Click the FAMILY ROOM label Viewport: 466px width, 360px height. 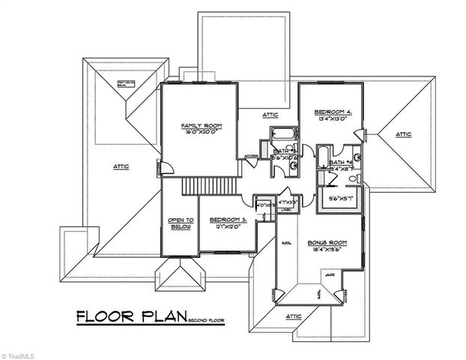pyautogui.click(x=198, y=124)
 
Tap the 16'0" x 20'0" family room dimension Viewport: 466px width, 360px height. pyautogui.click(x=198, y=131)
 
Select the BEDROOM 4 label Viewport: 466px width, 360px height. pyautogui.click(x=332, y=111)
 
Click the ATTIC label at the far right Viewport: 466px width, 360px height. pyautogui.click(x=404, y=134)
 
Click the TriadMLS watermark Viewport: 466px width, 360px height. pyautogui.click(x=19, y=352)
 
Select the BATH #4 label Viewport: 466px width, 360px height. pyautogui.click(x=341, y=162)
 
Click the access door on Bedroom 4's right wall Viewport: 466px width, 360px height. pyautogui.click(x=365, y=134)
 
